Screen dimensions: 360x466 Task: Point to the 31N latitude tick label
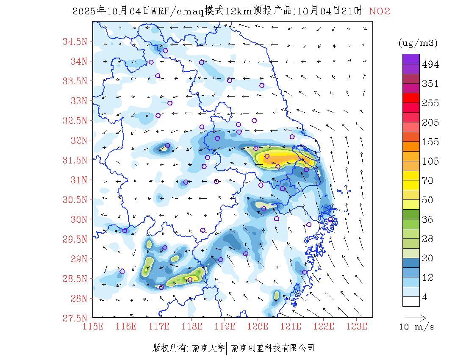tap(78, 180)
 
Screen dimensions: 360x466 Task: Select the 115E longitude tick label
tap(93, 326)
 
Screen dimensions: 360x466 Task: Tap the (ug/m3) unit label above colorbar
tap(418, 43)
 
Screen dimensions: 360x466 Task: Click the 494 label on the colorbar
tap(430, 65)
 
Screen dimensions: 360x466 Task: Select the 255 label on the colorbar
tap(430, 103)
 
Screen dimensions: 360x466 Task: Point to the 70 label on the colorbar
tap(427, 181)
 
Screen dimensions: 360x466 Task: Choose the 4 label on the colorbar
tap(425, 297)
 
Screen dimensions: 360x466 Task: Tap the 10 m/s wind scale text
tap(417, 327)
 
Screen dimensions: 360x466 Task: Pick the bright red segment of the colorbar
tap(411, 97)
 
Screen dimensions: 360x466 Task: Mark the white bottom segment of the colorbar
tap(411, 301)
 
